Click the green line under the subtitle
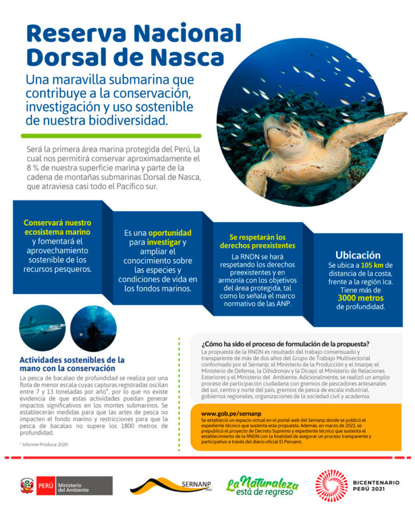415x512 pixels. point(113,135)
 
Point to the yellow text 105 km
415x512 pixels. point(372,265)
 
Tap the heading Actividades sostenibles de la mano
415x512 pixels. point(72,364)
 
